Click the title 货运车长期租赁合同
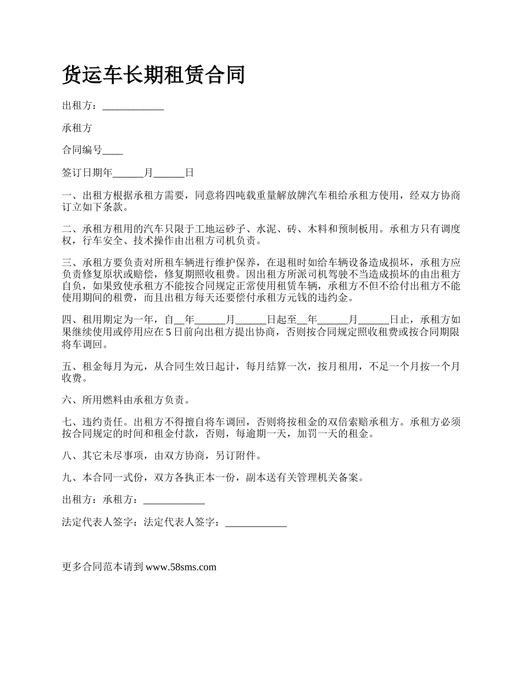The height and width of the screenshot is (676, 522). [153, 75]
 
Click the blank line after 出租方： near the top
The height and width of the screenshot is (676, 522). [133, 107]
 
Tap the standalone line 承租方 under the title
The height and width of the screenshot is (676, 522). [77, 129]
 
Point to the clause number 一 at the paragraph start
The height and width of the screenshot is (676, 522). [67, 196]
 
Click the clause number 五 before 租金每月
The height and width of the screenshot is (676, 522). [67, 366]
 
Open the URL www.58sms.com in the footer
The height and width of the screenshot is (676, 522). [181, 567]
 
